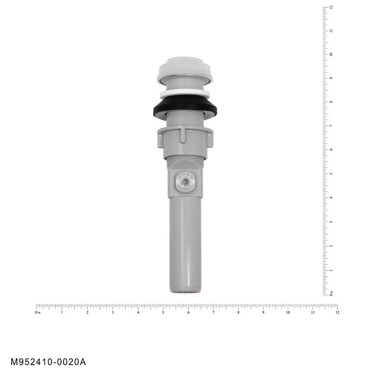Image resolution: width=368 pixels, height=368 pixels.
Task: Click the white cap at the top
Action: coord(184,68)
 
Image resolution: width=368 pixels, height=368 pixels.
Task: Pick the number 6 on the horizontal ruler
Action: coord(188,312)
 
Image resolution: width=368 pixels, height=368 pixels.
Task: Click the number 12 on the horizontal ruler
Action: coord(337,312)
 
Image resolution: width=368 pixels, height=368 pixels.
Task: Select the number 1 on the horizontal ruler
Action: coord(62,312)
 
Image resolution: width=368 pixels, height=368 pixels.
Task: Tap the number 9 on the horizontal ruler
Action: coord(263,312)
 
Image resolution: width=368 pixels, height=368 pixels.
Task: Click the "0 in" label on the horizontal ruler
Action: coord(38,312)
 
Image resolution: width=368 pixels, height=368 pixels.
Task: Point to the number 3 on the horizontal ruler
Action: coord(113,312)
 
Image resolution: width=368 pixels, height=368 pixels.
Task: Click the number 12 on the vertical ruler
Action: coord(331,7)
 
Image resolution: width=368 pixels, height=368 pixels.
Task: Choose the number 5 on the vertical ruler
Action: coord(331,174)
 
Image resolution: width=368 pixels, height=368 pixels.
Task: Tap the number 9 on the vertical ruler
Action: coord(331,78)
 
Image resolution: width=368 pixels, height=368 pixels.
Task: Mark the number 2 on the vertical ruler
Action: coord(331,246)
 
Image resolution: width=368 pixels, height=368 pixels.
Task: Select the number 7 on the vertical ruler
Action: coord(331,126)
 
